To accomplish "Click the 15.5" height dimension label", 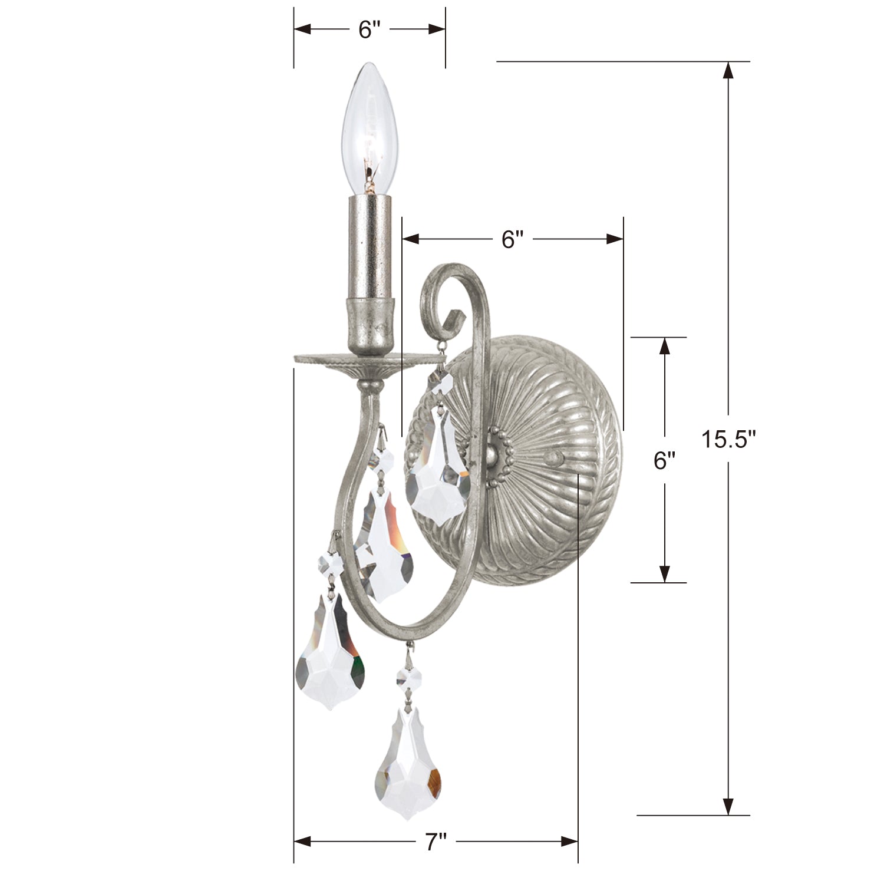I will (728, 439).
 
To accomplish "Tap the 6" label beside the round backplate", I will (664, 460).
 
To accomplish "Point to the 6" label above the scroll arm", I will (512, 239).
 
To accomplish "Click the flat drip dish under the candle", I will (370, 359).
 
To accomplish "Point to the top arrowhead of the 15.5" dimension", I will (728, 71).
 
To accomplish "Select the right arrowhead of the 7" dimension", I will (569, 840).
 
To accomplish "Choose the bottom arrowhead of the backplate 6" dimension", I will (664, 573).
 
